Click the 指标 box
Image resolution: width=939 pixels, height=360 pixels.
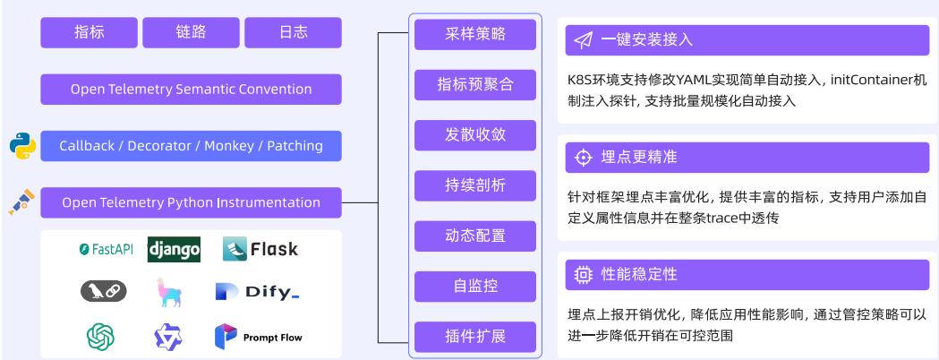click(89, 32)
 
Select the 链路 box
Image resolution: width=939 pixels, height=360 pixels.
click(191, 32)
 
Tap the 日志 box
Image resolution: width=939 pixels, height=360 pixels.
click(293, 32)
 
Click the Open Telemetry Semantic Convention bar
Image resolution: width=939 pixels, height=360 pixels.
click(191, 90)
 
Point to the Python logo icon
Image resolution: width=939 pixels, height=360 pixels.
click(22, 145)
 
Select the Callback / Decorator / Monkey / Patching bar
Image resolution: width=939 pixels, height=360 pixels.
click(191, 146)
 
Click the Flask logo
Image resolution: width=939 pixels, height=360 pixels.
click(260, 249)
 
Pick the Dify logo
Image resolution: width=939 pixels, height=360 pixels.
click(257, 292)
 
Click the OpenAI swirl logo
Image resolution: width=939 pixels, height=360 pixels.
click(100, 337)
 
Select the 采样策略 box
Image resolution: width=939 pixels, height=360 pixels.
click(475, 34)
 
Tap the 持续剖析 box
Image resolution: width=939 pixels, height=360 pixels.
click(475, 185)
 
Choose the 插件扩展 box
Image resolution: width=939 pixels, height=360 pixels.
click(475, 337)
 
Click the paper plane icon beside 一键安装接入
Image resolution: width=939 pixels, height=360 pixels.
click(584, 40)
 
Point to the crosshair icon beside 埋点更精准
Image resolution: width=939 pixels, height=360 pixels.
click(584, 158)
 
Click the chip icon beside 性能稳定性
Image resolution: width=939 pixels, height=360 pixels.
click(584, 274)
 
